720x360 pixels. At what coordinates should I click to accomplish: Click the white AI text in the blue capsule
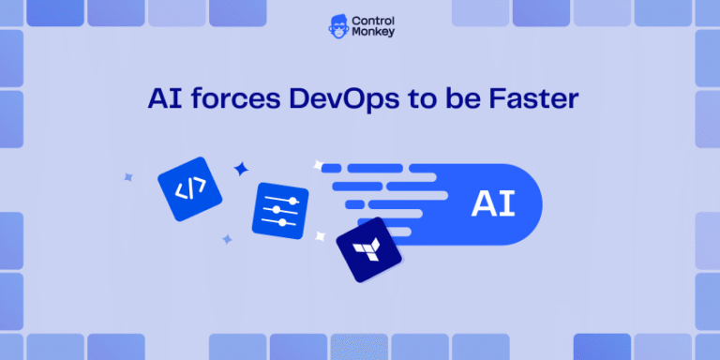click(x=492, y=203)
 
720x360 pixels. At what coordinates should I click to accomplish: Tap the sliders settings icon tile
click(x=279, y=209)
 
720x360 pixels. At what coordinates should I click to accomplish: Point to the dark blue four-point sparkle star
click(x=241, y=169)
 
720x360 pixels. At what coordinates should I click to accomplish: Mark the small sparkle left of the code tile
click(x=128, y=175)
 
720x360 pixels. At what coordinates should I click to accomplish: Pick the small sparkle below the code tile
click(x=226, y=239)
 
